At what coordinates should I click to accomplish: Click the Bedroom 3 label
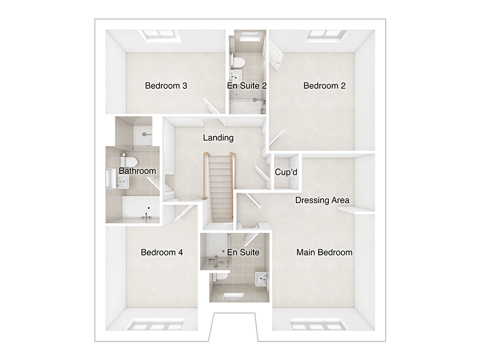click(166, 86)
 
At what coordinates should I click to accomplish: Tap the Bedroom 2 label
click(324, 86)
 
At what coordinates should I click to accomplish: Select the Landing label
click(218, 138)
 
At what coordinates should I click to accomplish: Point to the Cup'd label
click(286, 172)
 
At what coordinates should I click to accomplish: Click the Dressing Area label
click(322, 200)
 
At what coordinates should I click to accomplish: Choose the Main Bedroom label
click(324, 252)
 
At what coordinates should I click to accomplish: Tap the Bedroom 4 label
click(162, 252)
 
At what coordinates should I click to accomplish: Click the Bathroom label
click(137, 171)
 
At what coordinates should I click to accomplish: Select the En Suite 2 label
click(247, 86)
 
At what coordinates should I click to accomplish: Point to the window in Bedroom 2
click(325, 36)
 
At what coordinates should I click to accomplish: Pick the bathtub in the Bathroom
click(141, 208)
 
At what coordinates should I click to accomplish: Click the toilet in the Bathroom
click(130, 160)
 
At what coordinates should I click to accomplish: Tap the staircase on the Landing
click(219, 188)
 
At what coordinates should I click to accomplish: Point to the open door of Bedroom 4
click(185, 212)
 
